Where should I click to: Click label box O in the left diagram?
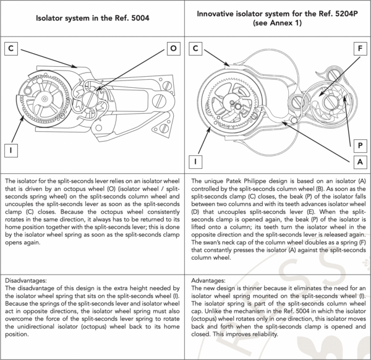[x=173, y=48]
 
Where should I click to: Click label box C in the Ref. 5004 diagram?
[x=11, y=48]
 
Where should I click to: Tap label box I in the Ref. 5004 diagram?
[x=11, y=151]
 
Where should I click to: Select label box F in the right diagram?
[x=360, y=48]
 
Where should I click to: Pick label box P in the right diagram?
[x=360, y=145]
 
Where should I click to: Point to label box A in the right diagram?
[x=360, y=162]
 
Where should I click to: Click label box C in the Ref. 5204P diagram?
[x=195, y=48]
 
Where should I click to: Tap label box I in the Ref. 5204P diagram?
[x=195, y=162]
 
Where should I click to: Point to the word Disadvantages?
[x=26, y=281]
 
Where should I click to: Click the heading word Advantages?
[x=208, y=281]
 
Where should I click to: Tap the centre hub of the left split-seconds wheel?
[x=45, y=98]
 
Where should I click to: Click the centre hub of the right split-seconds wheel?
[x=232, y=102]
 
